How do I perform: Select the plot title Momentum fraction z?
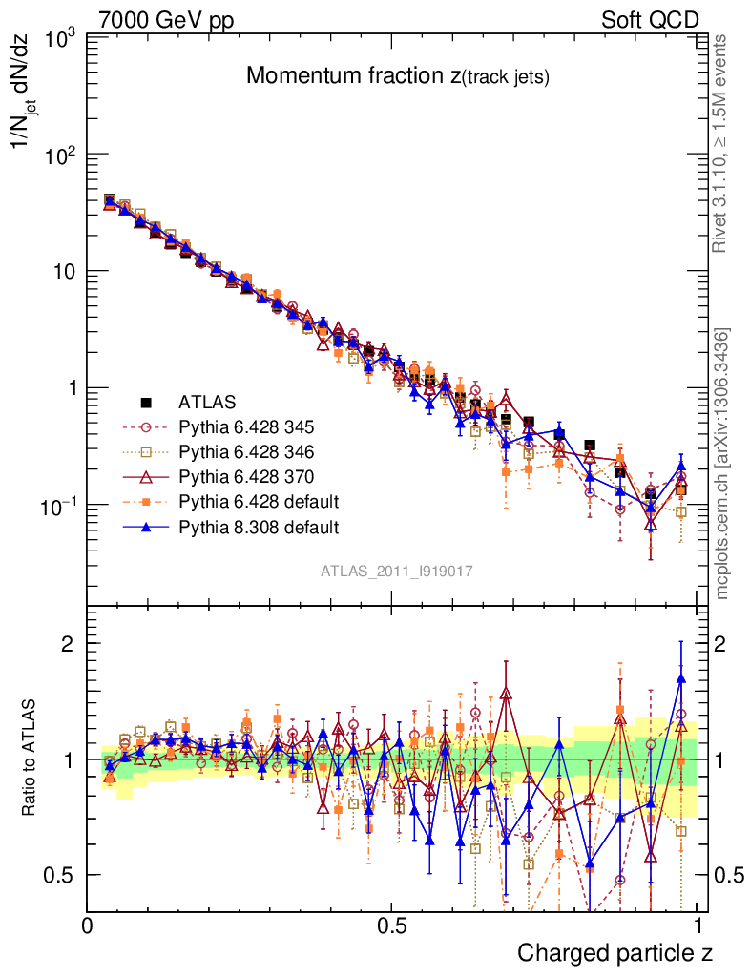[397, 76]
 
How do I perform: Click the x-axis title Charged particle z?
[615, 952]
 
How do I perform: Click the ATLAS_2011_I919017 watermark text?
[397, 571]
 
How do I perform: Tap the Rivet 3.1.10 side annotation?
[720, 143]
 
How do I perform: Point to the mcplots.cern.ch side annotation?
[722, 463]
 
